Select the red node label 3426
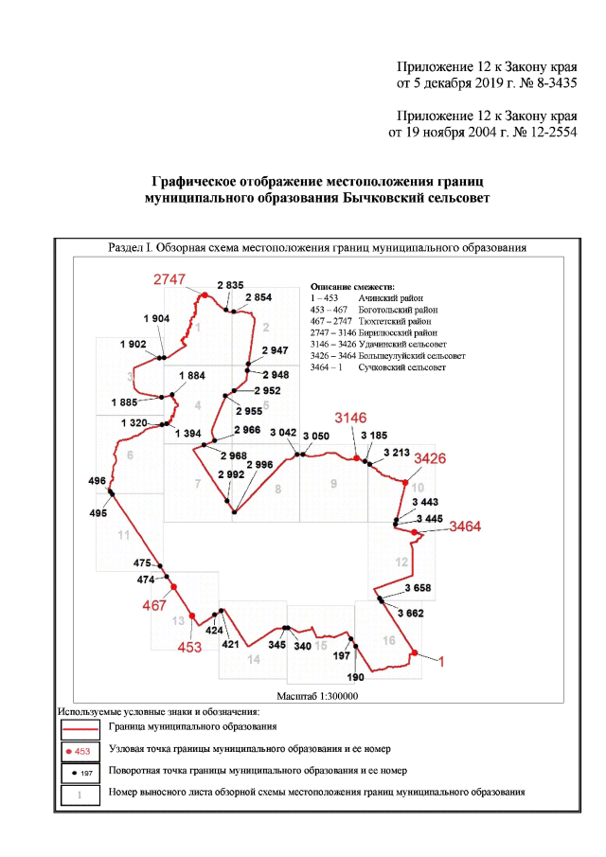coord(426,458)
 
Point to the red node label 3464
coord(467,526)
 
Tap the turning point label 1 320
coord(137,421)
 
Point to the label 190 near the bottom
coord(355,677)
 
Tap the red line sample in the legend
coord(80,729)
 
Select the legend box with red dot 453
coord(80,751)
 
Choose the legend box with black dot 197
coord(80,773)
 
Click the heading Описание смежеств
coord(352,285)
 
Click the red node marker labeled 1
coord(415,652)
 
